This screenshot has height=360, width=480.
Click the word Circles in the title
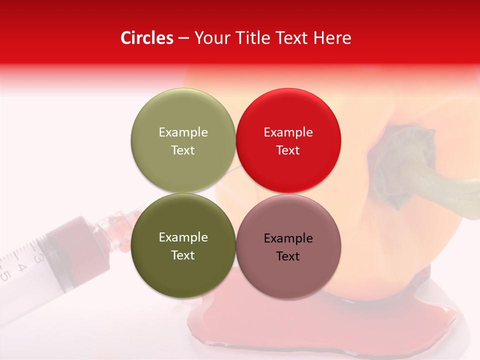(147, 38)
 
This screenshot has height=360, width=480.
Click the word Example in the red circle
(288, 132)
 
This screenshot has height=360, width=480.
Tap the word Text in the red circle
(288, 150)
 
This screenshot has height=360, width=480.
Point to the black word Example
(288, 238)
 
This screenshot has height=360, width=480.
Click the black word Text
(288, 256)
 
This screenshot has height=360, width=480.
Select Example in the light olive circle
(183, 132)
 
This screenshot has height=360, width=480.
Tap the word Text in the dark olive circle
(183, 255)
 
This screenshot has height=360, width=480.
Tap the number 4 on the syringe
(22, 267)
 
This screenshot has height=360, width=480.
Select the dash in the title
(183, 38)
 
